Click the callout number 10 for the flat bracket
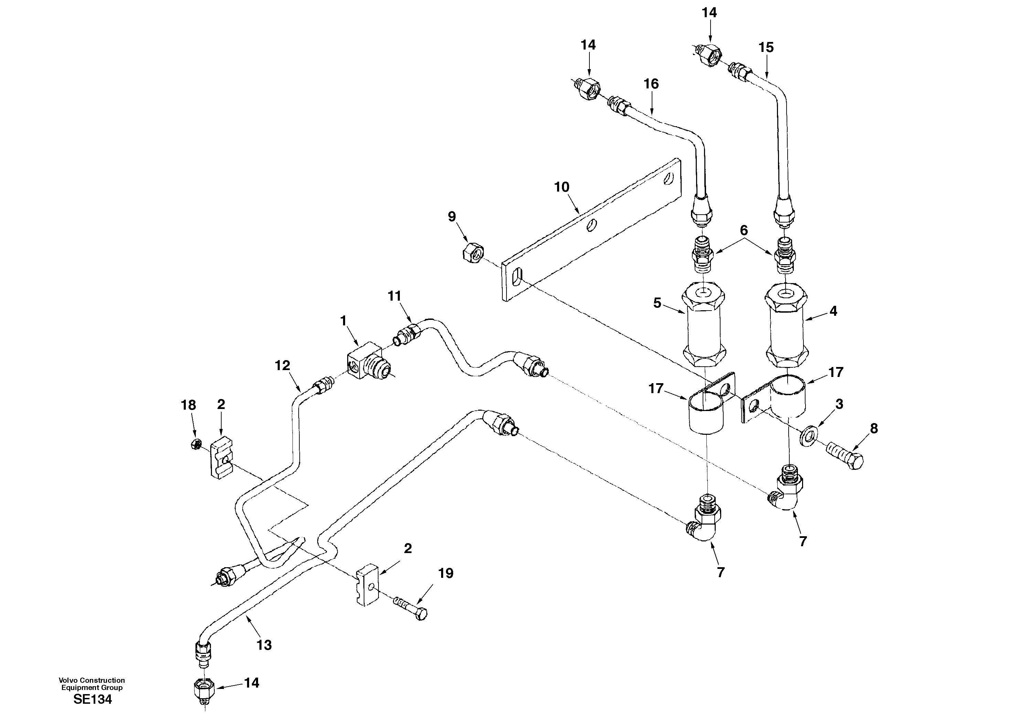562,187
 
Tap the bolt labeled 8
845,454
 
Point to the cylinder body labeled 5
703,328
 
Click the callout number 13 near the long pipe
264,645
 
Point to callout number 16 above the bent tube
651,84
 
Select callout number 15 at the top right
766,48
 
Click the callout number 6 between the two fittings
744,230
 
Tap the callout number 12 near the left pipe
282,366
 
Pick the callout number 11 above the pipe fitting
394,296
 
